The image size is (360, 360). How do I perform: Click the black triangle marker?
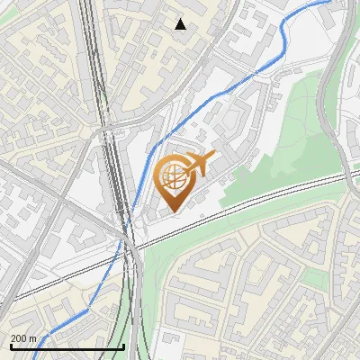(x=180, y=24)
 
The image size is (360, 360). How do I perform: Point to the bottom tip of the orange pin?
(x=175, y=212)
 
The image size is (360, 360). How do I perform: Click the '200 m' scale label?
(x=23, y=338)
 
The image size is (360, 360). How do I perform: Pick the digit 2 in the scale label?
(x=13, y=338)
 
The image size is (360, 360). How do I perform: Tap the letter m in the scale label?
(x=33, y=338)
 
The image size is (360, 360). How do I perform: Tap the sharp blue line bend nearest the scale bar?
(x=87, y=309)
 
